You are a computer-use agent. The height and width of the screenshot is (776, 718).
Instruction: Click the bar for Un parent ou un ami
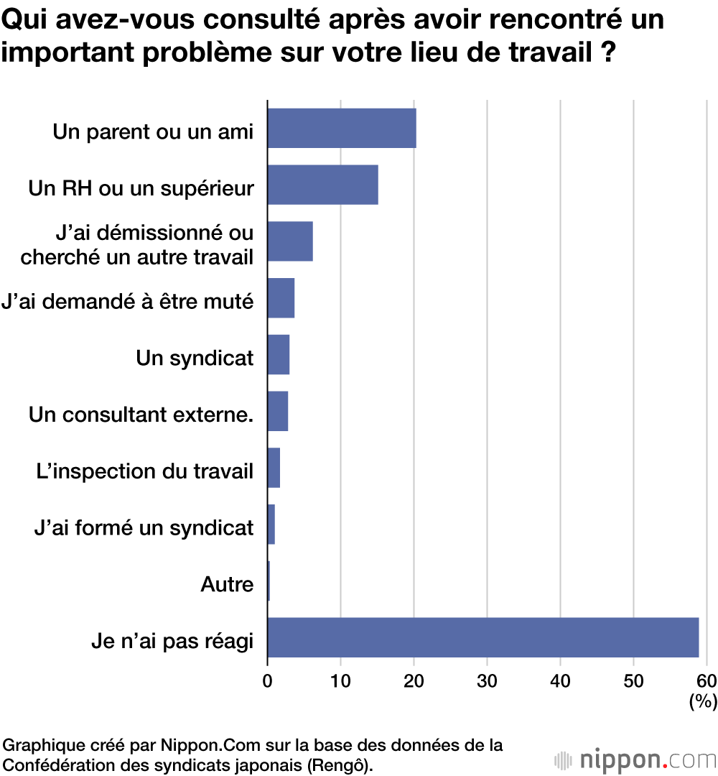click(342, 128)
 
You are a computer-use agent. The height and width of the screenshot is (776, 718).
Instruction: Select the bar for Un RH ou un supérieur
click(323, 185)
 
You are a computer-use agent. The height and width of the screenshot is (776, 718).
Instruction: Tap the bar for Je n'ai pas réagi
click(482, 637)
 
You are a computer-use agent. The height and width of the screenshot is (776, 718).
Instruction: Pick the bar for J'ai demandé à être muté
click(281, 298)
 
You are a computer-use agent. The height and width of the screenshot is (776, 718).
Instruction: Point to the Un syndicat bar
click(279, 354)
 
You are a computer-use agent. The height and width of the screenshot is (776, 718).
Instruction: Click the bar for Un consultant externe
click(278, 411)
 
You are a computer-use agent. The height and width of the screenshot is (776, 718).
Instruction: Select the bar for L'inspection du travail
click(274, 468)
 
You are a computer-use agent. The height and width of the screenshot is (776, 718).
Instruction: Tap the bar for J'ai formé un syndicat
click(271, 525)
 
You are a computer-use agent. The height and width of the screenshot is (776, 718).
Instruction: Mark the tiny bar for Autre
click(269, 581)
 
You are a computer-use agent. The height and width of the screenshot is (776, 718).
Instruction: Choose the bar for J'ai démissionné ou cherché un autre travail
click(290, 241)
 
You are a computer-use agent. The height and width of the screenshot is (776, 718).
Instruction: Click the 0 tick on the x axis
click(268, 680)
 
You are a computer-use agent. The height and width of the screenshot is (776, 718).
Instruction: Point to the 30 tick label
click(488, 680)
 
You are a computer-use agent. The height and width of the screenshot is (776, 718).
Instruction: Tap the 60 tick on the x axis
click(707, 680)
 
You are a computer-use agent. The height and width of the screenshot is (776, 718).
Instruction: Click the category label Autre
click(227, 585)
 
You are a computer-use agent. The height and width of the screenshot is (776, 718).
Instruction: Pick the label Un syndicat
click(195, 357)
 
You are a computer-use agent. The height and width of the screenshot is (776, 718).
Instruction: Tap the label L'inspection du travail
click(144, 471)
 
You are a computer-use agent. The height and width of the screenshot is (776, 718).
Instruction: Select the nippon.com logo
click(635, 759)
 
